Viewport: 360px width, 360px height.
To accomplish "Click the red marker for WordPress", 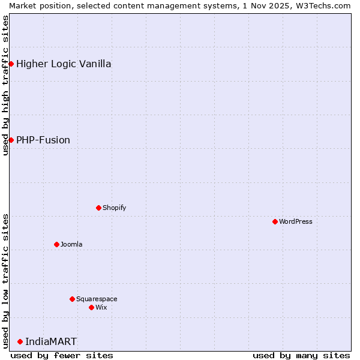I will (275, 221).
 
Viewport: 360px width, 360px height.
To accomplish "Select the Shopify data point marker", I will (98, 208).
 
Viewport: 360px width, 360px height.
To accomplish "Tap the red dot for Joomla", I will (56, 244).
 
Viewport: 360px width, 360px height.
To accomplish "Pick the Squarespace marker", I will (72, 299).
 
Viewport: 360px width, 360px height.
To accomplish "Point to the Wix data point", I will (91, 307).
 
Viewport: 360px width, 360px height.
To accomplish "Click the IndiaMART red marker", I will (20, 341).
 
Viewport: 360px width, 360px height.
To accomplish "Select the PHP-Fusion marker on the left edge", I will (11, 140).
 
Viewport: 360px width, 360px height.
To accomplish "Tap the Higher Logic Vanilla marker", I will (11, 64).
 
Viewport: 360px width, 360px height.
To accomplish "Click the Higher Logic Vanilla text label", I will (64, 64).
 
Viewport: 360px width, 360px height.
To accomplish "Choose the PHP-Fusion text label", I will (43, 140).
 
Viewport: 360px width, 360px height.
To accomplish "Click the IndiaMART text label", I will (51, 342).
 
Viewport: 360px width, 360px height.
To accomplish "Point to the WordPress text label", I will (296, 221).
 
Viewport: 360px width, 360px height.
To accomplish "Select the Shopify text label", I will (114, 208).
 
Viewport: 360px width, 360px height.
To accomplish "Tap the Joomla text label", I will (71, 244).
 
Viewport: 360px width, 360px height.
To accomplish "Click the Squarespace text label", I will (97, 299).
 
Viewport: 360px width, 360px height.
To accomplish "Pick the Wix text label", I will (101, 307).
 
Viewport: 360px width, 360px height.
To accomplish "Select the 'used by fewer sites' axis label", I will (62, 355).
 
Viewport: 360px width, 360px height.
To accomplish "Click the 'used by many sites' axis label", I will (301, 355).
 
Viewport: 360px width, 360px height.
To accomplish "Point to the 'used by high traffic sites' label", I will (5, 85).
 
